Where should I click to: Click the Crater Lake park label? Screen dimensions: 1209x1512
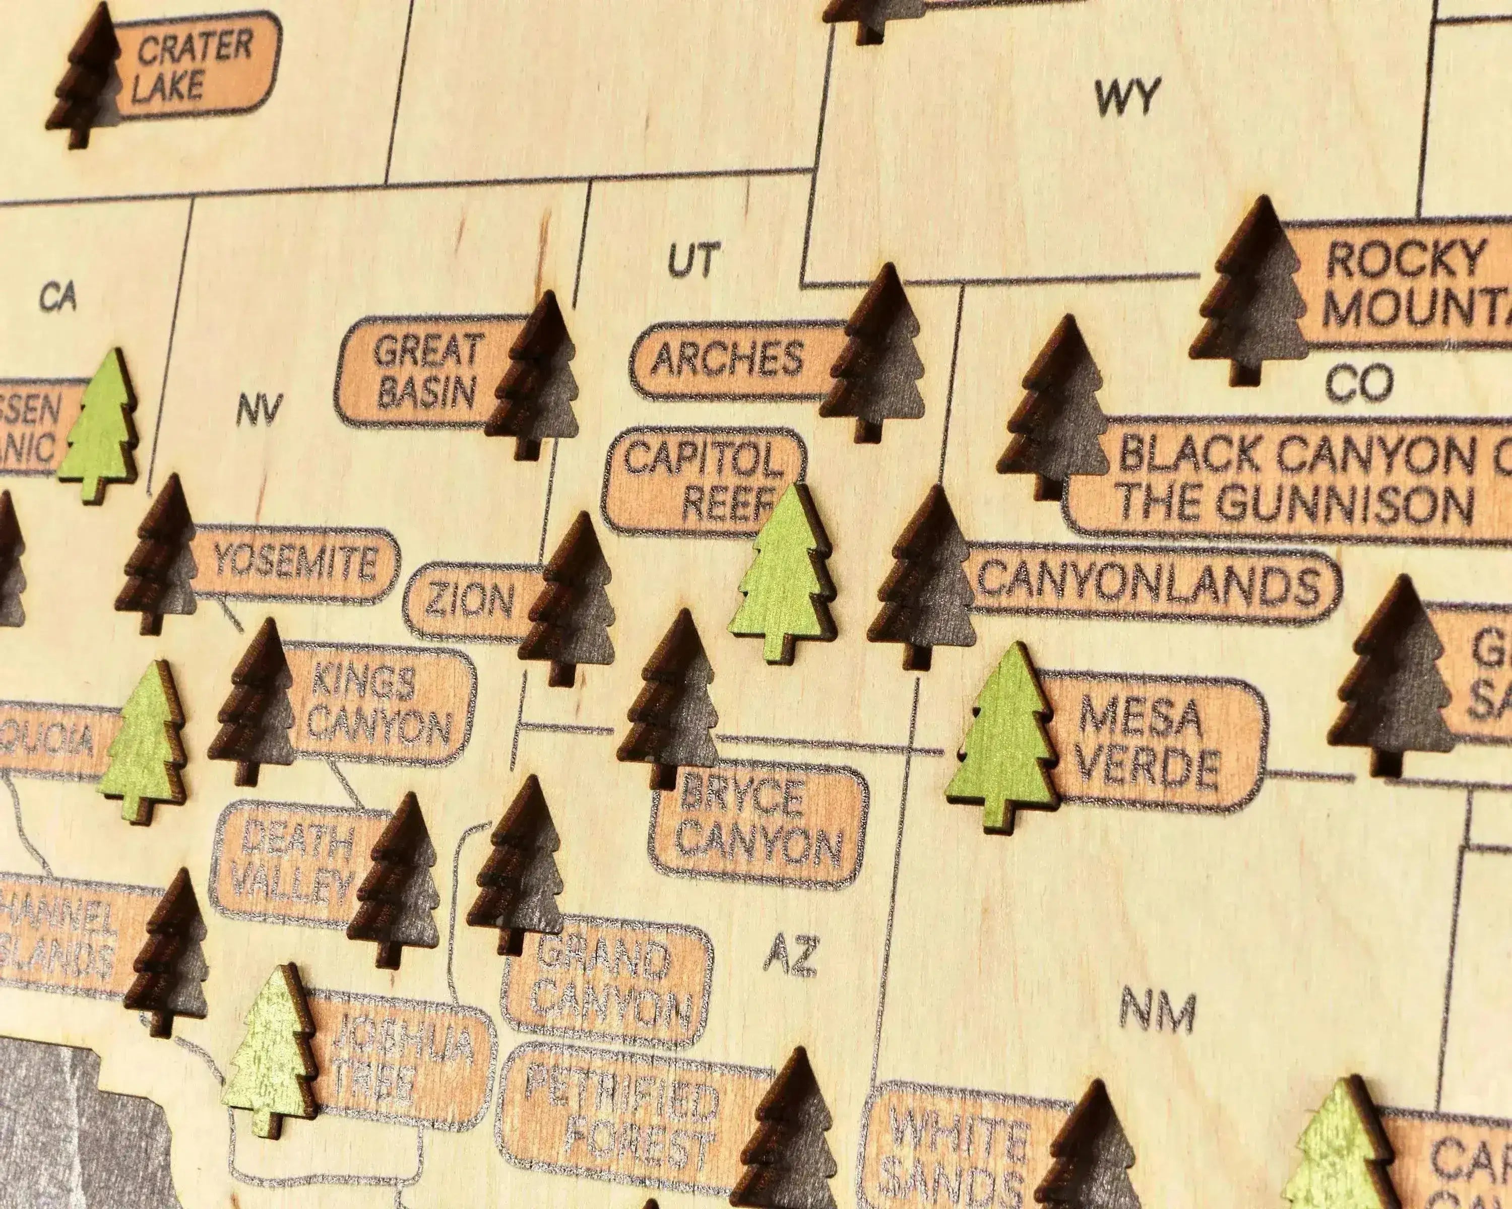coord(193,66)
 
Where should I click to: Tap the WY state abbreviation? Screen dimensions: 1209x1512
coord(1127,98)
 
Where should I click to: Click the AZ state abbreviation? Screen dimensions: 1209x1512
coord(790,955)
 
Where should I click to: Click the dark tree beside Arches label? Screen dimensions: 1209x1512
coord(876,354)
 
